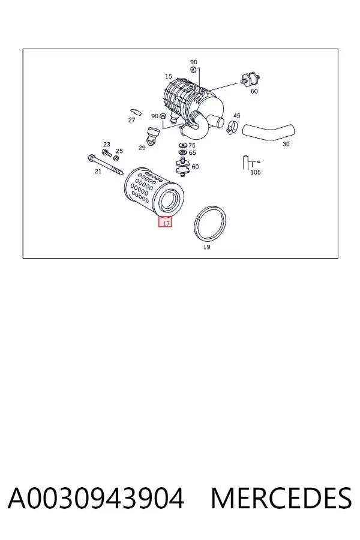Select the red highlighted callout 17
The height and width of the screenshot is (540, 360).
[x=164, y=221]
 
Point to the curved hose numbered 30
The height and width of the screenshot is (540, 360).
[x=269, y=133]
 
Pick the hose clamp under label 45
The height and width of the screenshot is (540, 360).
[x=232, y=127]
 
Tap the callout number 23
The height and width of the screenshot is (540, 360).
[x=107, y=145]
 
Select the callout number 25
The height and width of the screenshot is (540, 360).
[x=119, y=151]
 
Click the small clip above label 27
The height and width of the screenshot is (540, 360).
[x=136, y=112]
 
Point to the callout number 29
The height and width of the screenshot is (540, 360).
[x=142, y=148]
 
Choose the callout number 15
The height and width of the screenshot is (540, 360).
[x=168, y=76]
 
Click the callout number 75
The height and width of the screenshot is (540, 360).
[x=192, y=145]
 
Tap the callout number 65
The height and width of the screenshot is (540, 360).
[x=192, y=152]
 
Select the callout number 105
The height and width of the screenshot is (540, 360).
[x=255, y=172]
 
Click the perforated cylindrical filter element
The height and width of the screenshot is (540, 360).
[x=154, y=191]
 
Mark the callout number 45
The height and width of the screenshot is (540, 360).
[x=236, y=116]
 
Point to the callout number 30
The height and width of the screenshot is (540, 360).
[x=286, y=144]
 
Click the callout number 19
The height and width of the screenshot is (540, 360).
[x=206, y=247]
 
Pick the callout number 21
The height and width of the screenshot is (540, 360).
[x=98, y=171]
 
